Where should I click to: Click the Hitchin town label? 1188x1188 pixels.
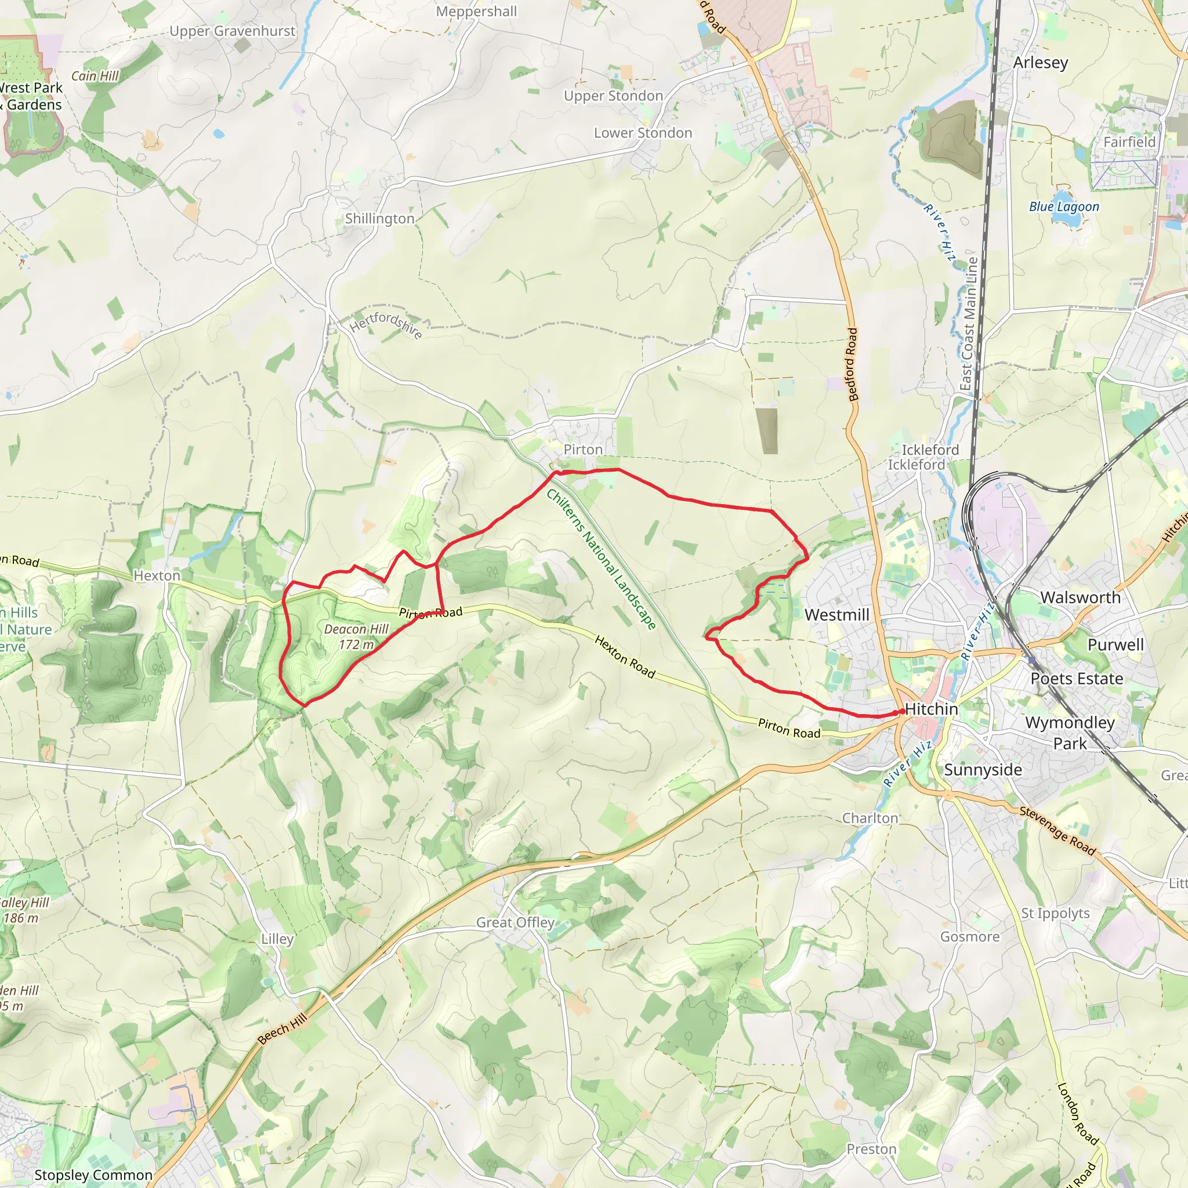(932, 709)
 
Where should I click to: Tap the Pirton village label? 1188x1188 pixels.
(583, 450)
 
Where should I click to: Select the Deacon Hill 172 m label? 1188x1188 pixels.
(357, 636)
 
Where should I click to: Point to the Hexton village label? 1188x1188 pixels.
(157, 575)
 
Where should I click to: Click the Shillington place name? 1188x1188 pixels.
(379, 219)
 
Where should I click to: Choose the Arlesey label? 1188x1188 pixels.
(1041, 63)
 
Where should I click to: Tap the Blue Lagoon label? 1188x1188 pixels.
(1064, 207)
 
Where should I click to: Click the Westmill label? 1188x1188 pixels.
(837, 614)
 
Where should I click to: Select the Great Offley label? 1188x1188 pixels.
(515, 922)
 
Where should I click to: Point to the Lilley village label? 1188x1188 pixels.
(277, 939)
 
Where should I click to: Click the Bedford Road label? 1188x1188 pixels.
(852, 364)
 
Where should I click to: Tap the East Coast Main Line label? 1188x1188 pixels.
(969, 324)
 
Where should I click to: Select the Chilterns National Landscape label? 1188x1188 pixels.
(601, 559)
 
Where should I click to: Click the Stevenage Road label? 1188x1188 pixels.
(1057, 831)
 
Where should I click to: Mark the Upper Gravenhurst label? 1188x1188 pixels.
(232, 31)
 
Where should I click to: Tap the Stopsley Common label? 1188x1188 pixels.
(93, 1175)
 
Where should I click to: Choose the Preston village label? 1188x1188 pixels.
(871, 1149)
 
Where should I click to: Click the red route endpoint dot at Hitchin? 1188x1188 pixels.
(902, 711)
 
